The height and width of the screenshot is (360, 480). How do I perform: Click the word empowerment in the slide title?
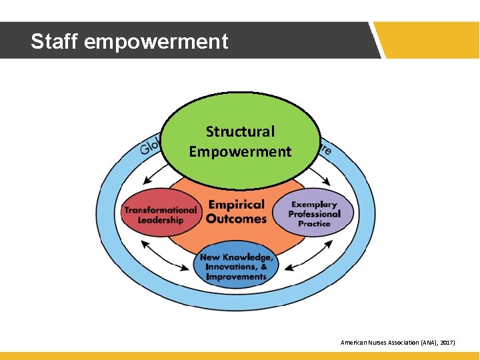[157, 42]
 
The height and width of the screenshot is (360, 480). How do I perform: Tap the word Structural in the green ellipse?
[240, 132]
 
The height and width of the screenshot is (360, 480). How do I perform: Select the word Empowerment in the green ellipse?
[240, 152]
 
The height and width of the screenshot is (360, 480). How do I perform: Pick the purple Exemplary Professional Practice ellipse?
[314, 214]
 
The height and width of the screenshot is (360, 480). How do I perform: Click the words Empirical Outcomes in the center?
[236, 211]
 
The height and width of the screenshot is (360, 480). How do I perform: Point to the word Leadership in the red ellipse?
[161, 221]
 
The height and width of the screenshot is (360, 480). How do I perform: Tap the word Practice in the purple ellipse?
[314, 224]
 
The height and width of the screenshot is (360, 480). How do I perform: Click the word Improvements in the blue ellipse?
[236, 277]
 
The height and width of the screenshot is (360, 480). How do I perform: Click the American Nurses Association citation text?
[397, 342]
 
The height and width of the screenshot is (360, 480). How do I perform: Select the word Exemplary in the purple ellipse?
[314, 204]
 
